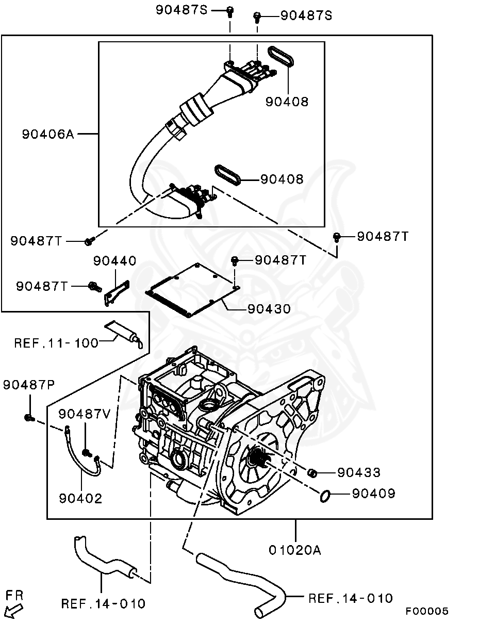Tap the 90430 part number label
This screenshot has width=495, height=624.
tap(269, 309)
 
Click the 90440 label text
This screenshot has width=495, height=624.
tap(114, 261)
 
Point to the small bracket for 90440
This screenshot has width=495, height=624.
tap(117, 293)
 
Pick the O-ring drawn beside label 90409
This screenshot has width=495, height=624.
tap(325, 496)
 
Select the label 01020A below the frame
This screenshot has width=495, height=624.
tap(294, 550)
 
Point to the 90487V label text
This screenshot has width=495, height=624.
tap(84, 414)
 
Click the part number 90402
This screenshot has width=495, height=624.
tap(80, 498)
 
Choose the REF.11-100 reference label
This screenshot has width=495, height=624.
tap(56, 342)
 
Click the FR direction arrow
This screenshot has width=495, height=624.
tap(14, 611)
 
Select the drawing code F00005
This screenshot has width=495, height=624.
tap(426, 611)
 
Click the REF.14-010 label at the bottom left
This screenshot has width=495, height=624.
tap(103, 603)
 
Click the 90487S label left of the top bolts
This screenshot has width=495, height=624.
tap(181, 10)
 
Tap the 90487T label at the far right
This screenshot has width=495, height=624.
tap(383, 236)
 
